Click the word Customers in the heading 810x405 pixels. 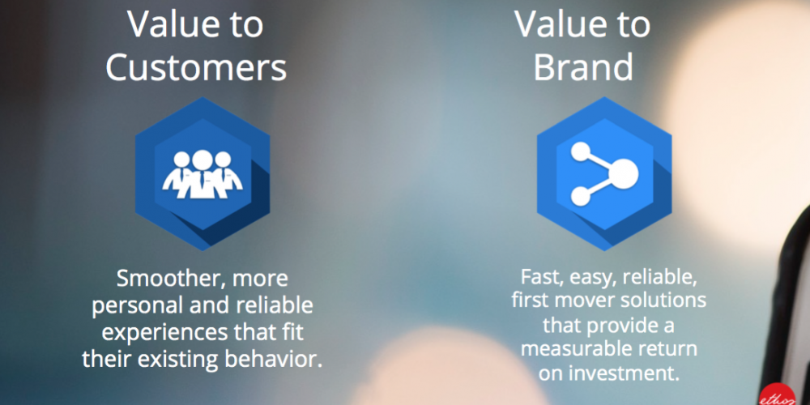(196, 68)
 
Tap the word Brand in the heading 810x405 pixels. (583, 68)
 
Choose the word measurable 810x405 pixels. (574, 348)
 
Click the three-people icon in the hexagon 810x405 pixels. (202, 175)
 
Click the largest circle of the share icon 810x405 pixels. (624, 173)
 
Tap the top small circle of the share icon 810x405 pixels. (581, 151)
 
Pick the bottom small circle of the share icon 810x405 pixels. (581, 196)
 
